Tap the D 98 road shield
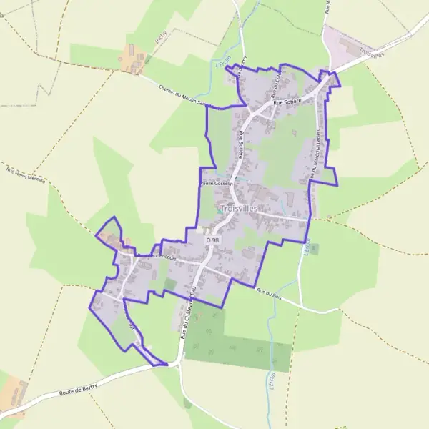pyautogui.click(x=212, y=240)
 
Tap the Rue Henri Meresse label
pyautogui.click(x=26, y=177)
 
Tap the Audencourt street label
pyautogui.click(x=152, y=253)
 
